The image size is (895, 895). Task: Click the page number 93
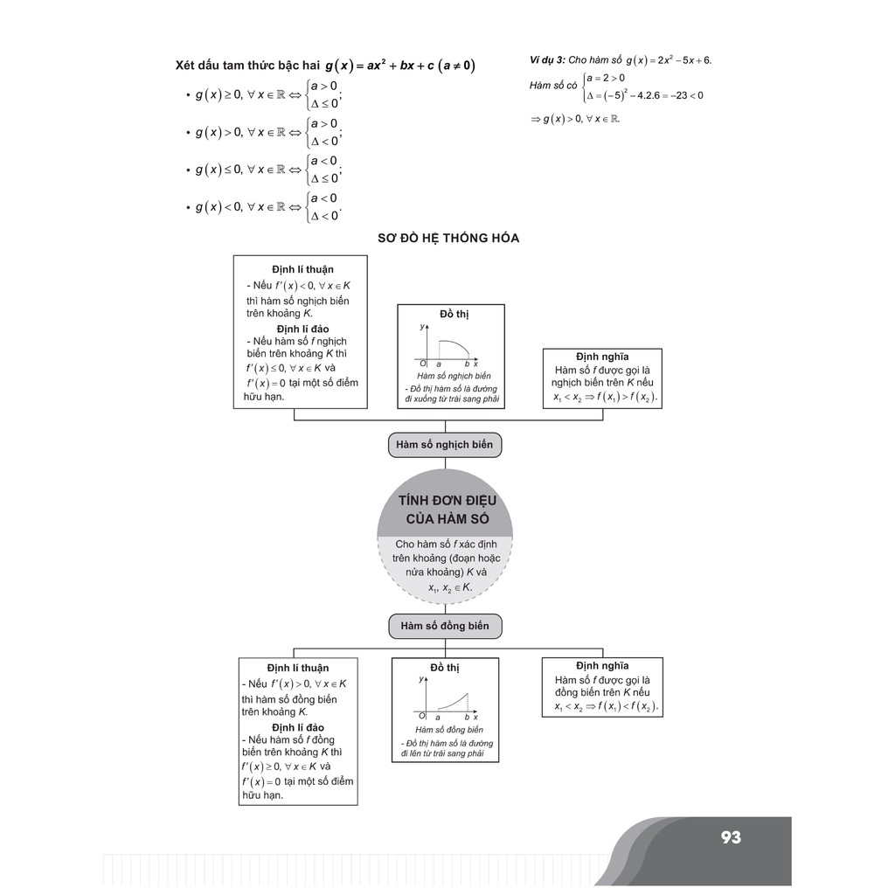pos(731,837)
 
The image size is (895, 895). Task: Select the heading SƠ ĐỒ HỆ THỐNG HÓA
pos(447,238)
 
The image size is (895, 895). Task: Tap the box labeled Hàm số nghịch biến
pos(444,445)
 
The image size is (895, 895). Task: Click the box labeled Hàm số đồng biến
pos(445,626)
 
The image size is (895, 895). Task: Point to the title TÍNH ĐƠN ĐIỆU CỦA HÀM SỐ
pos(446,510)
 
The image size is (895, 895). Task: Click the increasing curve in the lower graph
pos(449,702)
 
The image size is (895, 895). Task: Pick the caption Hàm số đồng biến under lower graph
pos(449,729)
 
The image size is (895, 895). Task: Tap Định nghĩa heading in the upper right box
pos(601,357)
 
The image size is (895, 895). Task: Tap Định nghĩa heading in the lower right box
pos(602,666)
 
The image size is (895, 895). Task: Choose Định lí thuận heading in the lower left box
pos(298,668)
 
